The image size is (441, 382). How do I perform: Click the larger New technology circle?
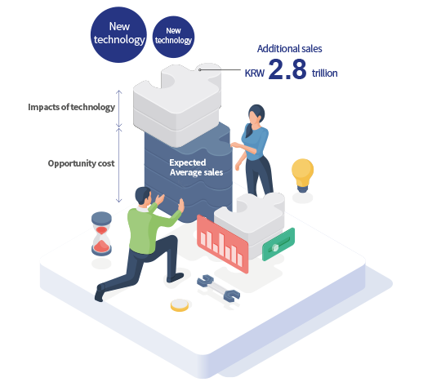point(118,34)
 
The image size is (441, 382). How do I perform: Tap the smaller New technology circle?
point(173,37)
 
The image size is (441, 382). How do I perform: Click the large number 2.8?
point(287,69)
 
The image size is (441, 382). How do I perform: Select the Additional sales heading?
point(289,49)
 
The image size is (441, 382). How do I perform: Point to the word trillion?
point(324,73)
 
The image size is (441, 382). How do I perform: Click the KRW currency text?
point(255,73)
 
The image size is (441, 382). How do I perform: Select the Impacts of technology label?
point(71,107)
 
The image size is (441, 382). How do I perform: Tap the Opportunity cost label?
point(82,163)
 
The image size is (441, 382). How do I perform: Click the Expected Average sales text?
point(196,167)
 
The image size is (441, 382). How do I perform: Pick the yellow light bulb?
point(302,175)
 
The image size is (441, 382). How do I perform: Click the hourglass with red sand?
point(101,234)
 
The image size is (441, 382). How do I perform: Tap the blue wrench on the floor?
point(218,288)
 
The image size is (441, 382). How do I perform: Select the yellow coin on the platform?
point(180,305)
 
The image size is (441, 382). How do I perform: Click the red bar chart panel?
point(222,244)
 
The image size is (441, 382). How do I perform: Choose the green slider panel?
point(278,244)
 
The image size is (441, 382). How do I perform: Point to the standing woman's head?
point(256,113)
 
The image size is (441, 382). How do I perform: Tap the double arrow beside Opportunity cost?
point(119,165)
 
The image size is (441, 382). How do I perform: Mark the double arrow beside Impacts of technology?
point(119,109)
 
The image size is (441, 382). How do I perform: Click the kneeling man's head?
point(144,196)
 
